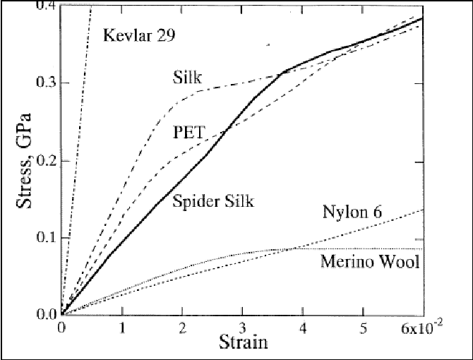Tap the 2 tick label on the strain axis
(x=182, y=328)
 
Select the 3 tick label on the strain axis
(x=243, y=328)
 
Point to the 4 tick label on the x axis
(x=303, y=328)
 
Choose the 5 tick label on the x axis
(x=363, y=328)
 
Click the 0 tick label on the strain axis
(x=62, y=328)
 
